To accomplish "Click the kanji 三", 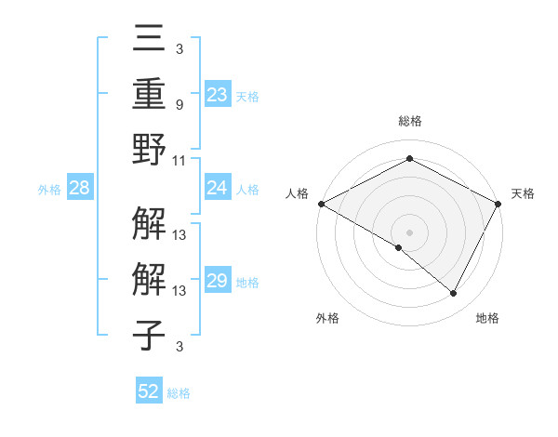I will [x=150, y=41].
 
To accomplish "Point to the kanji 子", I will [x=150, y=335].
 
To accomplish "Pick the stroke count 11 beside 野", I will [x=179, y=160].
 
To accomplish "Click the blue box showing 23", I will [x=217, y=94].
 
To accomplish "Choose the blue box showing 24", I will [x=217, y=188].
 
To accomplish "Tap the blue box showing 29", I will [x=217, y=281].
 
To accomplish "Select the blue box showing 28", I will [x=79, y=189].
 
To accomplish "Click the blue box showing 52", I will [x=149, y=391].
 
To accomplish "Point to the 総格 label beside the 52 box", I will [x=179, y=393].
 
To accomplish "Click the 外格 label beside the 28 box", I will [x=49, y=190].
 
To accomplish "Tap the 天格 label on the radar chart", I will [x=523, y=193].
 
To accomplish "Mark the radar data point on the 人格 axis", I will [x=321, y=204].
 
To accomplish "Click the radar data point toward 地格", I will [x=453, y=294].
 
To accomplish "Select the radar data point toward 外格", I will [x=399, y=247].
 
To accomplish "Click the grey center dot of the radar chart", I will [x=409, y=232].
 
